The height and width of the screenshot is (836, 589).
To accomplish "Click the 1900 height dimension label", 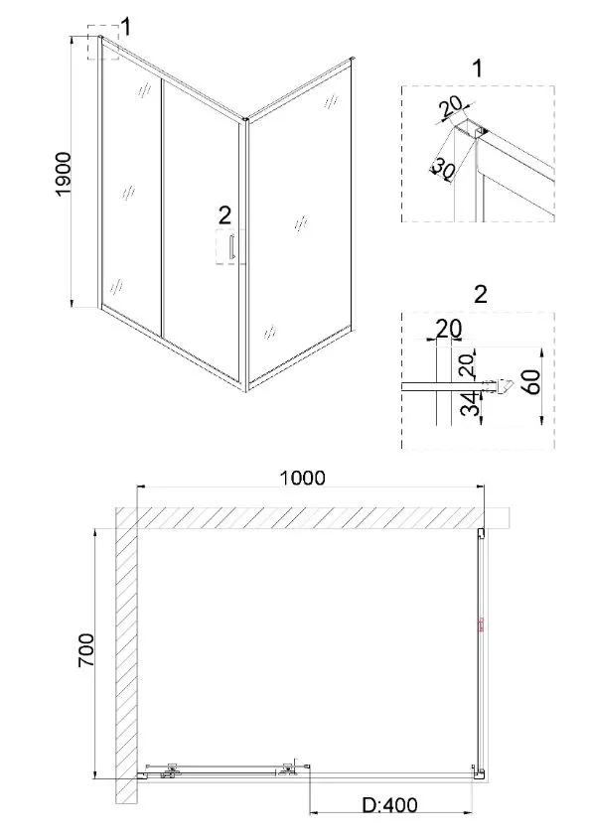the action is tap(64, 175).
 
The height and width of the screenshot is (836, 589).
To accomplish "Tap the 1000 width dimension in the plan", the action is tap(302, 478).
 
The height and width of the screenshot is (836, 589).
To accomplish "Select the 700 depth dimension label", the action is tap(86, 650).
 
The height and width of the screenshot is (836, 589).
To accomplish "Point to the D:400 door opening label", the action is tap(389, 804).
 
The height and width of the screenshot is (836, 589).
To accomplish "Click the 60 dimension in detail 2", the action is tap(532, 380).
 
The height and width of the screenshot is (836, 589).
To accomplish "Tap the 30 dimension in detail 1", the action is tap(442, 170).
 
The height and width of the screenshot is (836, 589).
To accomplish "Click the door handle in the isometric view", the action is tap(231, 247).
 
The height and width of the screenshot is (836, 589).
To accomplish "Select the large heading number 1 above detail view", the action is tap(477, 69).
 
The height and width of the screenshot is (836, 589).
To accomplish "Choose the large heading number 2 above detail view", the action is tap(480, 294).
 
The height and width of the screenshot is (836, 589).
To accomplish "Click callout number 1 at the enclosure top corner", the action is tap(126, 26).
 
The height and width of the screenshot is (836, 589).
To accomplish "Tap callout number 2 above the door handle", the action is tap(225, 215).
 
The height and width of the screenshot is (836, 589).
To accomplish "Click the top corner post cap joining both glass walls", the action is tap(245, 120).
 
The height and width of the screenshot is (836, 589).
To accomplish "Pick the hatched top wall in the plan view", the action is tap(312, 517).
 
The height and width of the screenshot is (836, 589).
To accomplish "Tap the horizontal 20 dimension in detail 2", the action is tap(449, 329).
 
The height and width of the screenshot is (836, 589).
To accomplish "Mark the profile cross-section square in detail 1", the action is tap(464, 128).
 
